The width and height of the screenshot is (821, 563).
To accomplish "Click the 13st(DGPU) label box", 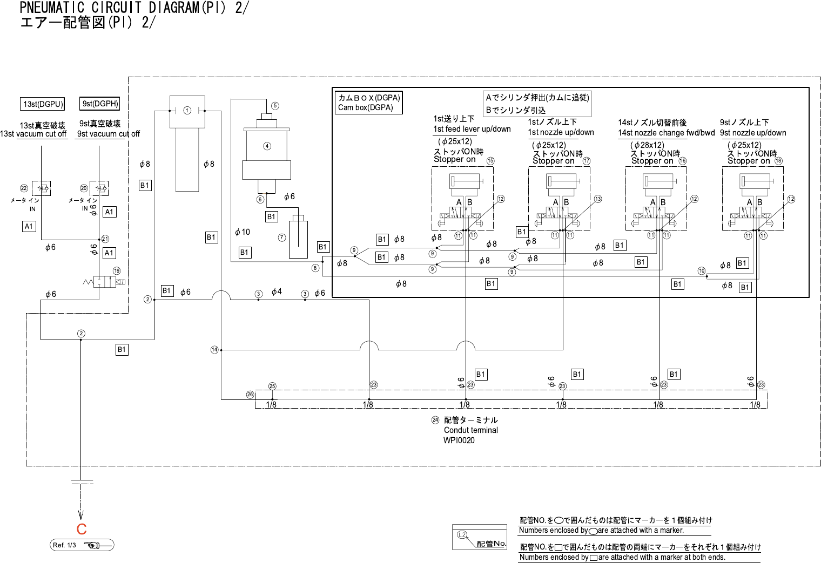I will coord(43,104).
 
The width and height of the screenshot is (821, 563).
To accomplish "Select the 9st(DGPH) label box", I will coord(100,104).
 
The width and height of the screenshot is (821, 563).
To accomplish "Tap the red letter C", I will coord(82,529).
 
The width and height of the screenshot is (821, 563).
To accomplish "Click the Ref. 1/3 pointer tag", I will coord(82,545).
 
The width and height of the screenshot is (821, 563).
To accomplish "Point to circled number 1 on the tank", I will coord(187,111).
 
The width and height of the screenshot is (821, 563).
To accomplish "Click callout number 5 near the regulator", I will coord(275,106).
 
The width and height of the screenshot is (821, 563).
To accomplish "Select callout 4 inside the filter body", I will coord(267,146).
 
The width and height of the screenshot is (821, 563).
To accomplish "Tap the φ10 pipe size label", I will coord(243,232).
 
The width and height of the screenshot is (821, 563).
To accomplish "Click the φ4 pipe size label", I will coord(277,292).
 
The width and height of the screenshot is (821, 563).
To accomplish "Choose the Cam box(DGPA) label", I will coord(369,103).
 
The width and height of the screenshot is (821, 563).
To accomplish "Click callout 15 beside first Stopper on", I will coord(490,161).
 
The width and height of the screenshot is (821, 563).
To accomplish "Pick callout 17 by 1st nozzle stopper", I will coord(587,161).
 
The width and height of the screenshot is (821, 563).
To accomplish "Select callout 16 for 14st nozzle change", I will coord(683,161).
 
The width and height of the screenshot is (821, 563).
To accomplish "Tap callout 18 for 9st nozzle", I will coord(778,161).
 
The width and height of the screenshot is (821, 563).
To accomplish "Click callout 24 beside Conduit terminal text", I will coord(435,420).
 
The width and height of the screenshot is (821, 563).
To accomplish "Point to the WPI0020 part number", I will coord(459,440).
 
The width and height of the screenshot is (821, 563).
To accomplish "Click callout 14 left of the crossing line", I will coord(214,350).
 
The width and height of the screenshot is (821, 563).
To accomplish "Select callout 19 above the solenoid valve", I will coord(117,271).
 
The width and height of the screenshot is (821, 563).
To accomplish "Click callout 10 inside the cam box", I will coord(702,271).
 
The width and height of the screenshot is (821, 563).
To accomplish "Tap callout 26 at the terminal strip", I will coord(250,395).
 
